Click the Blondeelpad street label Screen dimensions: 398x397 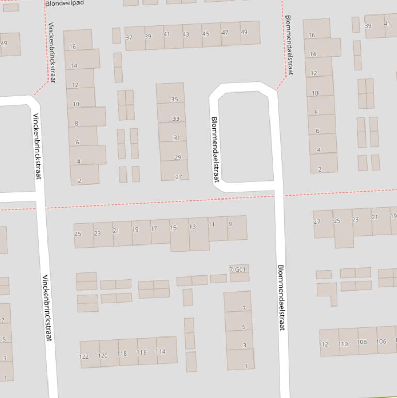[x=65, y=3]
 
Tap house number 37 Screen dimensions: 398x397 [x=129, y=37]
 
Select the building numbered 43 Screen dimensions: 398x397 [x=186, y=35]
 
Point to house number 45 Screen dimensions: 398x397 [x=205, y=34]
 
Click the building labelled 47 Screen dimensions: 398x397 [x=225, y=33]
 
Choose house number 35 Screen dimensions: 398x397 [x=174, y=99]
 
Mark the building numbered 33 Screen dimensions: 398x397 [x=176, y=119]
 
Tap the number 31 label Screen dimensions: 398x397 [x=177, y=138]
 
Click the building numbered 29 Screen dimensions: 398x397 [x=178, y=157]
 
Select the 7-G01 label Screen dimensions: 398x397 [x=237, y=270]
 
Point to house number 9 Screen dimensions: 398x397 [x=230, y=224]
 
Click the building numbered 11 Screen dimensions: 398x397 [x=212, y=224]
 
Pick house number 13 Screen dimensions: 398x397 [x=193, y=227]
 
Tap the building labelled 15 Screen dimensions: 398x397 [x=173, y=228]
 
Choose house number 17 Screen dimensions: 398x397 [x=154, y=228]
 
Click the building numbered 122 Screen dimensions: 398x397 [x=84, y=356]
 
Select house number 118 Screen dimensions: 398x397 [x=122, y=354]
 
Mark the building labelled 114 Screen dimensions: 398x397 [x=161, y=351]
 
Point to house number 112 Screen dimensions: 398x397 [x=323, y=344]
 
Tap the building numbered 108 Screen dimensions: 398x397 [x=362, y=342]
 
